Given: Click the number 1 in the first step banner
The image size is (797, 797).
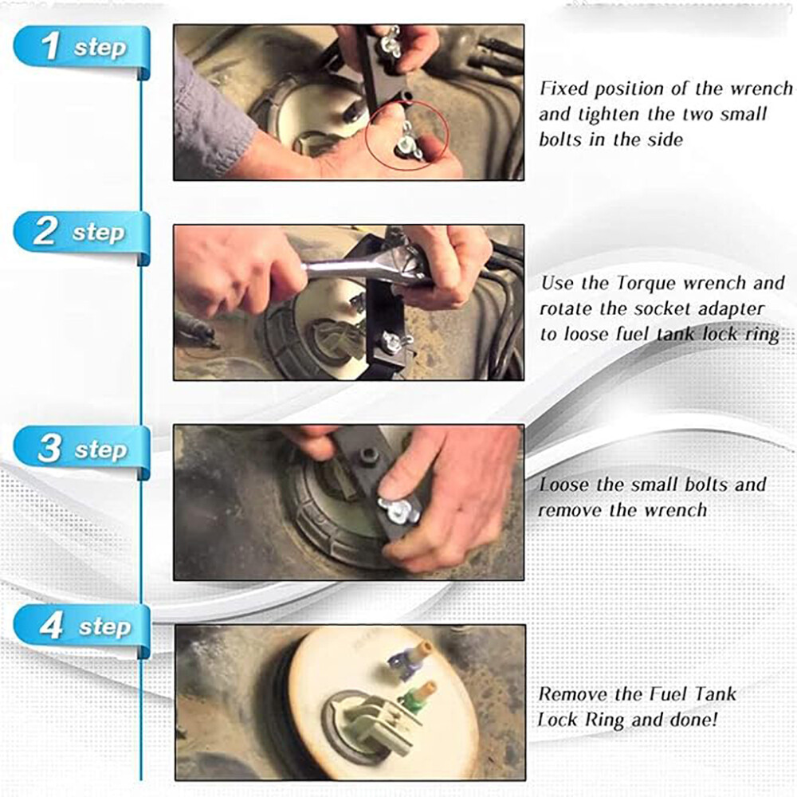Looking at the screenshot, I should tap(50, 45).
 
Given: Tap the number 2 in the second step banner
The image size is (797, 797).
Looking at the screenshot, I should tap(46, 232).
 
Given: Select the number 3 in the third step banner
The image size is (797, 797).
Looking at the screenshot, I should tap(49, 449).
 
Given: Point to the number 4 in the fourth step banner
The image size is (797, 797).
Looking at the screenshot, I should tap(51, 626).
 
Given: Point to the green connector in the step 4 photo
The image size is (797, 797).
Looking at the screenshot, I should tap(414, 697).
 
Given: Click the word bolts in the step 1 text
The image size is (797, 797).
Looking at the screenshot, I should tap(565, 139).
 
